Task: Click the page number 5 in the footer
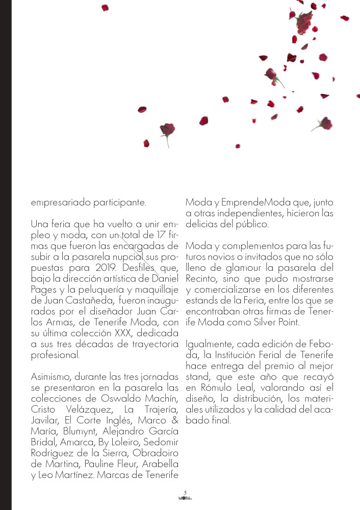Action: click(185, 492)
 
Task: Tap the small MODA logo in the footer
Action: click(185, 497)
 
